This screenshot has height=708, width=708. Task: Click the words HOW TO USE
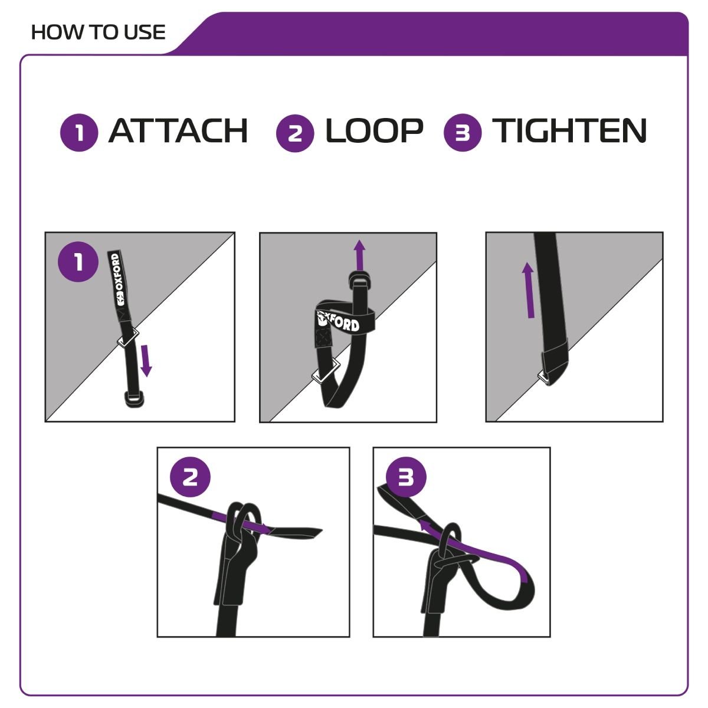pyautogui.click(x=98, y=32)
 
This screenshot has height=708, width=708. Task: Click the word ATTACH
pyautogui.click(x=178, y=131)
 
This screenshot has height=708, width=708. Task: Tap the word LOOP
pyautogui.click(x=374, y=131)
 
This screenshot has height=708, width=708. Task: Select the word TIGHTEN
pyautogui.click(x=569, y=131)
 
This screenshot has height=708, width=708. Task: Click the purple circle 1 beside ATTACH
pyautogui.click(x=79, y=133)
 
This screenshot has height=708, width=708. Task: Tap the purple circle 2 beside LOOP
pyautogui.click(x=295, y=133)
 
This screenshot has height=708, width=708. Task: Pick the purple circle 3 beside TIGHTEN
pyautogui.click(x=463, y=133)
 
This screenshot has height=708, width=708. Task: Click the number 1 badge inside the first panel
pyautogui.click(x=78, y=262)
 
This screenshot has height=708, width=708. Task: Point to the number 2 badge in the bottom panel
pyautogui.click(x=190, y=477)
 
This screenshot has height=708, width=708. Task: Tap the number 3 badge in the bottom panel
pyautogui.click(x=406, y=477)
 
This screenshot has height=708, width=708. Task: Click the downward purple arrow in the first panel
pyautogui.click(x=146, y=360)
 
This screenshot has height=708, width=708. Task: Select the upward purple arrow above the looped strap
pyautogui.click(x=360, y=255)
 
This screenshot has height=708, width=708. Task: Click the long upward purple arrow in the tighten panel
pyautogui.click(x=529, y=290)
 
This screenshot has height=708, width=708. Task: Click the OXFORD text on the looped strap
pyautogui.click(x=339, y=322)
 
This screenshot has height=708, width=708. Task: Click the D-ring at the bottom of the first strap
pyautogui.click(x=134, y=400)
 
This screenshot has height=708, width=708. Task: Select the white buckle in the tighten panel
pyautogui.click(x=544, y=378)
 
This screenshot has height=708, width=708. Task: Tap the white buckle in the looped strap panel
pyautogui.click(x=326, y=371)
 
